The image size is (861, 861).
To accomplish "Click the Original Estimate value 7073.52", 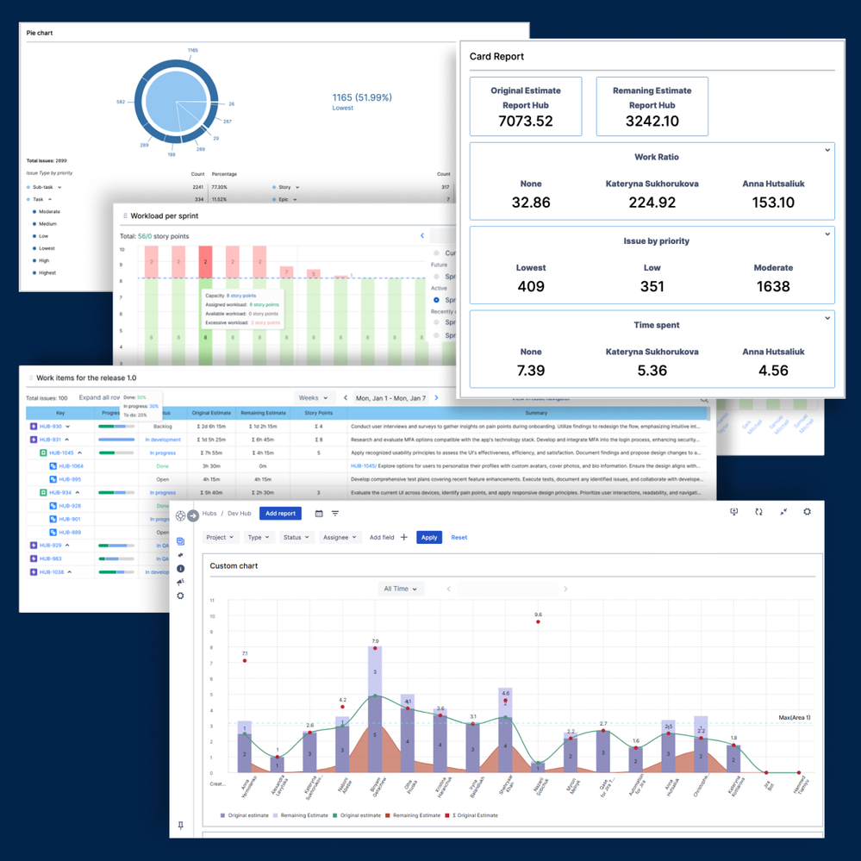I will click(x=526, y=122).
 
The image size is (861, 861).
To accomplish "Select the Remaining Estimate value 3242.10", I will click(x=652, y=122).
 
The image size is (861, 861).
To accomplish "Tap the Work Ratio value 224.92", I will click(x=652, y=203).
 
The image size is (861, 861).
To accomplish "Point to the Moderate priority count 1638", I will click(x=773, y=285).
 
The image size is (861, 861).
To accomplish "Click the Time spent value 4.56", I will click(x=773, y=370).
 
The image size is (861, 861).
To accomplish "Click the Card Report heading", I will click(x=496, y=57).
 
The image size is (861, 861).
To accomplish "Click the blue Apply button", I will click(x=429, y=537).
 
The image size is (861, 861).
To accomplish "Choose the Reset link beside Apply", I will click(x=459, y=537).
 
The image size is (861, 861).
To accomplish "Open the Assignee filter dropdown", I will click(x=339, y=537).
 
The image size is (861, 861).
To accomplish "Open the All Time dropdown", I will click(x=402, y=589).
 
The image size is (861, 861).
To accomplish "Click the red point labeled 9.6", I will click(x=538, y=621).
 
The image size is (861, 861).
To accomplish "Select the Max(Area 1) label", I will click(x=794, y=717).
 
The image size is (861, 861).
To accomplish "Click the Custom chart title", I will click(x=234, y=566).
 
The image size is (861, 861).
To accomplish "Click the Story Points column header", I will click(x=318, y=414).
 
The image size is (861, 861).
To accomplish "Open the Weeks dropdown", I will click(x=314, y=398).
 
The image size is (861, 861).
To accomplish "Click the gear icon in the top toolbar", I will click(x=807, y=512).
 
